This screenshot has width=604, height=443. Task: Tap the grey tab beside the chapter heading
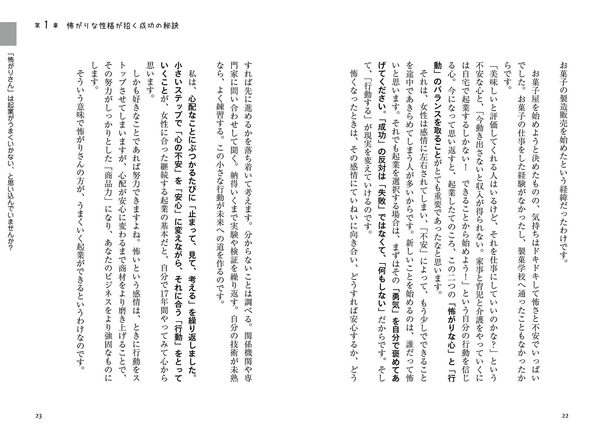pyautogui.click(x=8, y=34)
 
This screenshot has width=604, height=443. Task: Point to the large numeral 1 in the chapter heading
pyautogui.click(x=46, y=25)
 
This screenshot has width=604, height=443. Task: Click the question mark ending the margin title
pyautogui.click(x=11, y=248)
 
